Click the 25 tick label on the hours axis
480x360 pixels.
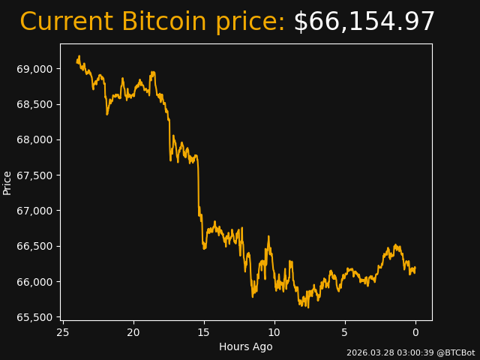63,332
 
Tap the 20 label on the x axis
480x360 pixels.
133,332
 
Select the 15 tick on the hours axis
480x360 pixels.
204,332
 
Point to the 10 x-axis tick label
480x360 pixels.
274,332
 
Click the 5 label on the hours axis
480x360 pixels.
345,332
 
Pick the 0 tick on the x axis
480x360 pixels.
415,332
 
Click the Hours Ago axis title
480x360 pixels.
246,346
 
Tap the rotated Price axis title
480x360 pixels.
7,182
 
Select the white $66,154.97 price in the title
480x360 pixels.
364,22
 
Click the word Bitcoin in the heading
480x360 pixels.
164,22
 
